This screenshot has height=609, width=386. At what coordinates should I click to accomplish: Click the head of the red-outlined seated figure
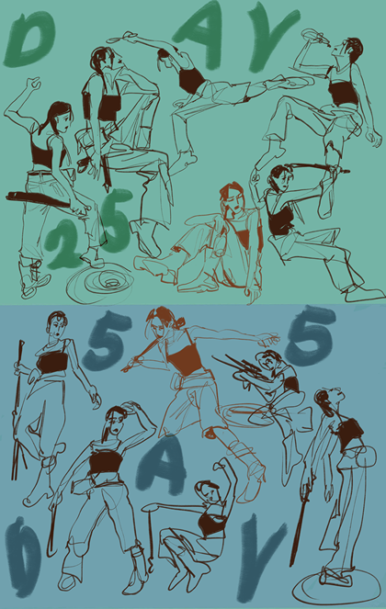(x=233, y=197)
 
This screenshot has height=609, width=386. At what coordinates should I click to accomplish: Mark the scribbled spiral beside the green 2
(x=99, y=283)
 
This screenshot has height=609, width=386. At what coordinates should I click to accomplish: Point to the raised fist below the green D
(x=33, y=83)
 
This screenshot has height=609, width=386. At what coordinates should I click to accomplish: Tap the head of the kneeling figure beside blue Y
(x=207, y=491)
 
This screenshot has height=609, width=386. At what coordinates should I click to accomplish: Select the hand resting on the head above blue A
(x=131, y=407)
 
